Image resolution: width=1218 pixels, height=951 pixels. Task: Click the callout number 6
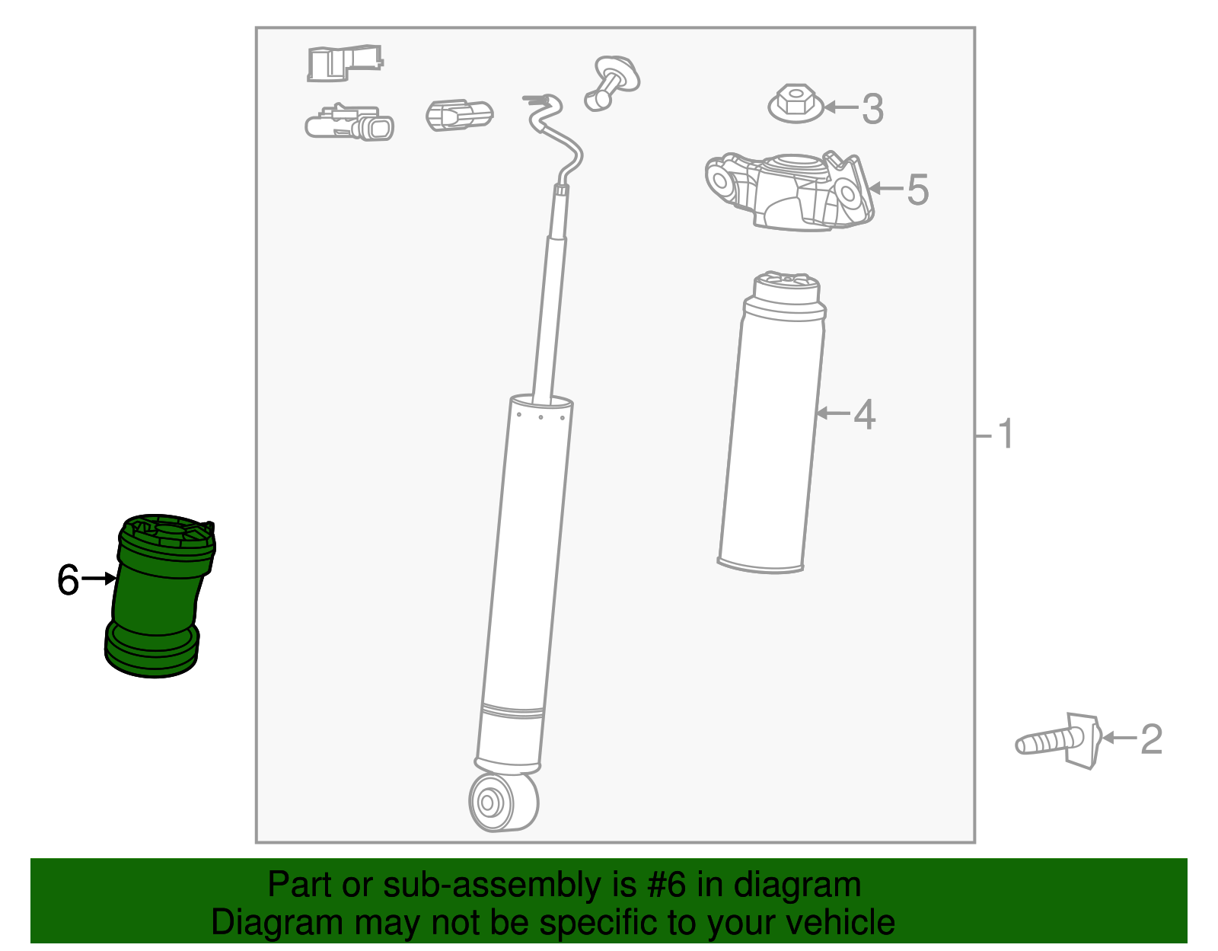point(68,580)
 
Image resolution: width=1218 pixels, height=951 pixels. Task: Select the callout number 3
point(872,108)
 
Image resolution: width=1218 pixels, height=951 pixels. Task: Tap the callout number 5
point(917,189)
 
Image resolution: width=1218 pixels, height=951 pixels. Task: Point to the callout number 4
point(864,415)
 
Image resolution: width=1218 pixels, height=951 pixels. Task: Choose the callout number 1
point(1005,435)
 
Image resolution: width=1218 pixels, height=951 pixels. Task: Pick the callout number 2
point(1151,739)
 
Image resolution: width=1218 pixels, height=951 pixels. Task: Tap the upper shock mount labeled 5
point(789,190)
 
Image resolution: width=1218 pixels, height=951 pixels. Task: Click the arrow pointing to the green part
point(97,579)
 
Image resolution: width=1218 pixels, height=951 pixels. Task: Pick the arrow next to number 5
point(885,188)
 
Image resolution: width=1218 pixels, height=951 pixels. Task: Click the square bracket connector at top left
point(343,62)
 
